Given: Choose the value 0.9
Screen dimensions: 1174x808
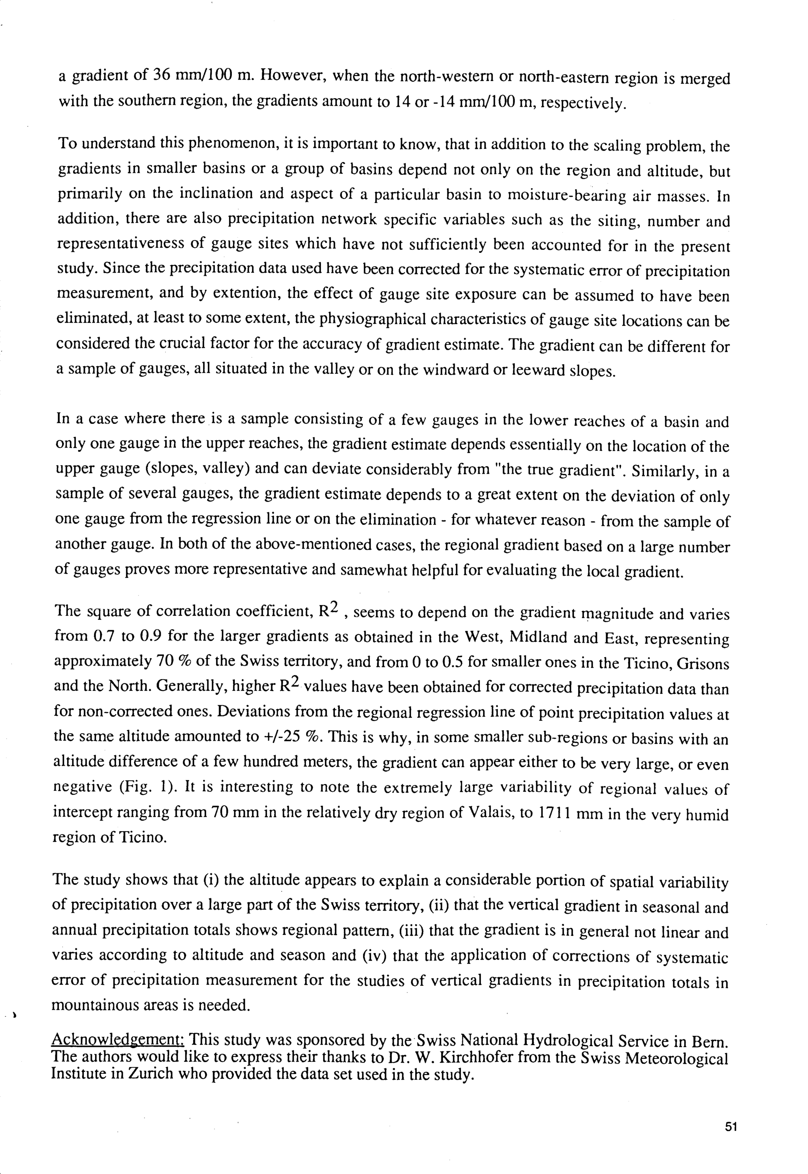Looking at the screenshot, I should (x=150, y=636).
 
